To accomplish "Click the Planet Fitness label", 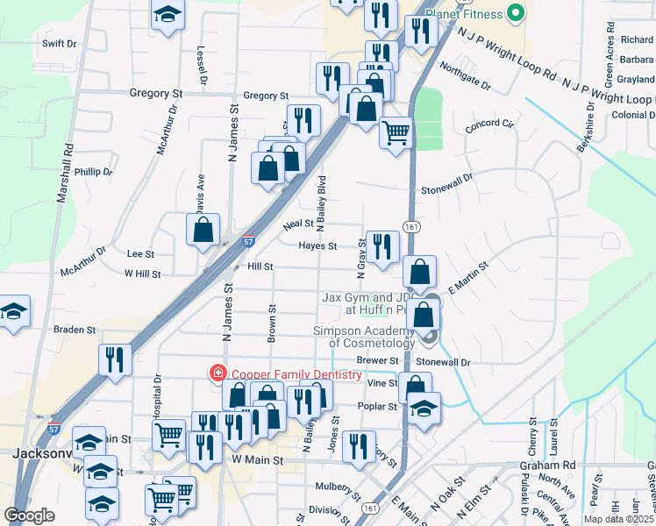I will point(464,14).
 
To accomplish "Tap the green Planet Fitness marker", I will point(516,14).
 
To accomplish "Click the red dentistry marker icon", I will point(215,374).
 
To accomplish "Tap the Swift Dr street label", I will point(59,43).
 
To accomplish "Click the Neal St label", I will point(298,225).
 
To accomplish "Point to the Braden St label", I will point(74,331).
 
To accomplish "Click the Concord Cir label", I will point(488,125).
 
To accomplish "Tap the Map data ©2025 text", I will point(617,519).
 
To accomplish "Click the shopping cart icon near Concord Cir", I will point(396,132).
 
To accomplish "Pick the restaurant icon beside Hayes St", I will point(382,245).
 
